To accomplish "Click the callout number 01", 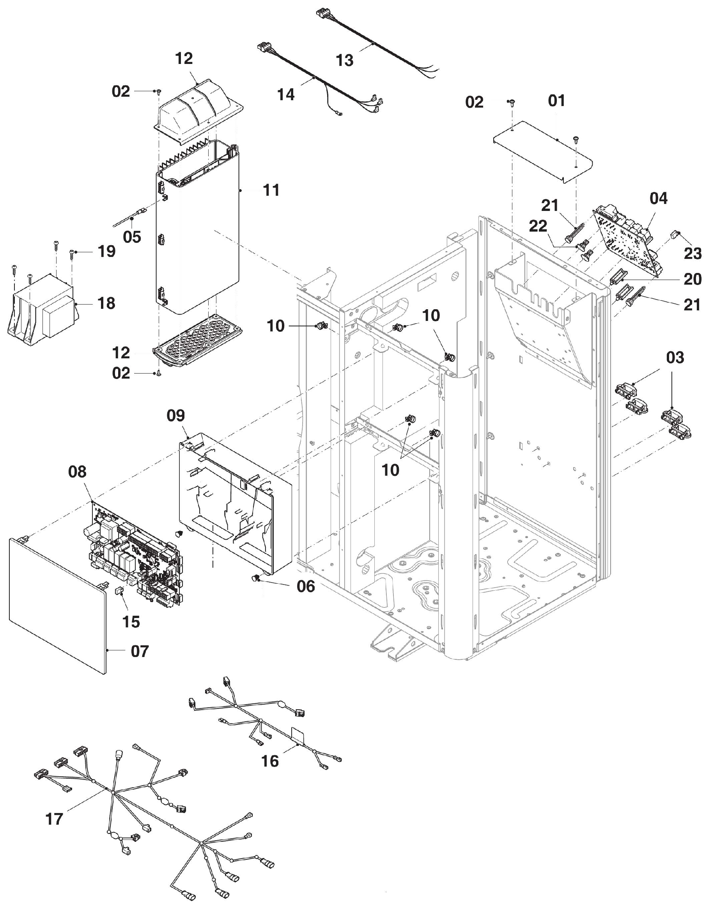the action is [556, 101].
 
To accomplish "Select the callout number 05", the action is [132, 237].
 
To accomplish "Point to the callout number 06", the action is [306, 586].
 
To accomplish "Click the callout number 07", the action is [140, 651].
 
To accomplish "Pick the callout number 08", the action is [78, 471].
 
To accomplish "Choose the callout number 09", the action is [175, 415].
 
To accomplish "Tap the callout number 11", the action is [271, 190].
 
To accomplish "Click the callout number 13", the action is [345, 60].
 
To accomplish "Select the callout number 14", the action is [286, 95].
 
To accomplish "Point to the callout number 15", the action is [131, 622].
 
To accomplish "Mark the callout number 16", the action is [270, 761].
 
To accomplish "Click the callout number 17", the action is [54, 819].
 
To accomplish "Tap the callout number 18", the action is [106, 303].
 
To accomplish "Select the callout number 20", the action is [693, 279].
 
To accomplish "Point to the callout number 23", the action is [693, 253].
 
